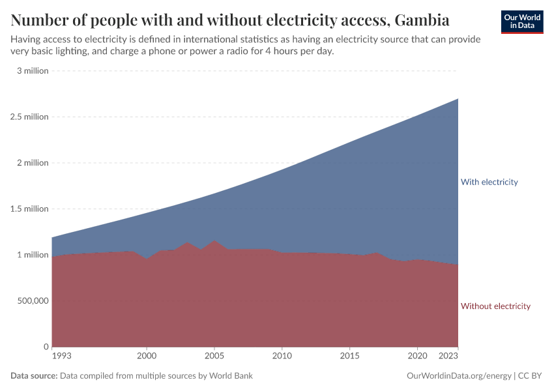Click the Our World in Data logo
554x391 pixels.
pyautogui.click(x=521, y=22)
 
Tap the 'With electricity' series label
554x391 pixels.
pyautogui.click(x=489, y=182)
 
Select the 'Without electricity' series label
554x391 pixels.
pyautogui.click(x=495, y=306)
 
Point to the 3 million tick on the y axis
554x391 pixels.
pyautogui.click(x=33, y=70)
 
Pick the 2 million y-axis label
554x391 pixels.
pyautogui.click(x=32, y=163)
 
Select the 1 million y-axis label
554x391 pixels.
pyautogui.click(x=32, y=255)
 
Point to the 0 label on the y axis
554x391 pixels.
pyautogui.click(x=46, y=347)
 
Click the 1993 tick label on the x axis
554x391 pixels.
pyautogui.click(x=61, y=357)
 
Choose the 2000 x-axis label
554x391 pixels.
pyautogui.click(x=147, y=357)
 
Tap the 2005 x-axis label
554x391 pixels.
pyautogui.click(x=214, y=357)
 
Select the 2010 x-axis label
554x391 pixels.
pyautogui.click(x=282, y=357)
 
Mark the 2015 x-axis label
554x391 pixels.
pyautogui.click(x=349, y=357)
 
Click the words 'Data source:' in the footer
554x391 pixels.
pyautogui.click(x=35, y=376)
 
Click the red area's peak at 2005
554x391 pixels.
pyautogui.click(x=214, y=241)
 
